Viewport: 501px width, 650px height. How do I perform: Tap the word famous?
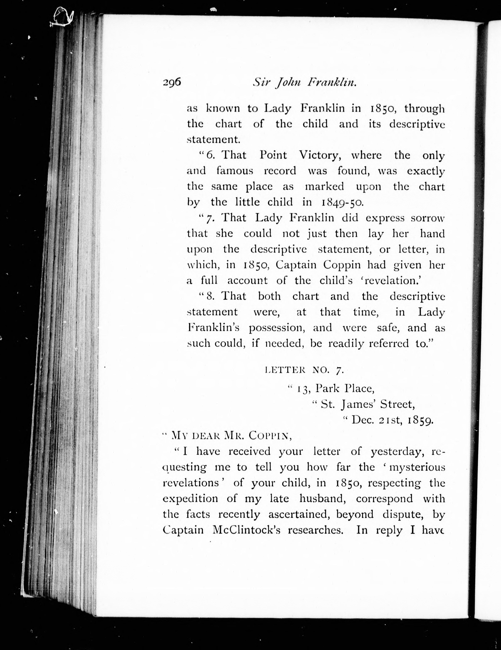(x=235, y=171)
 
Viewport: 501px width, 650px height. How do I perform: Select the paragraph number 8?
(x=210, y=296)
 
